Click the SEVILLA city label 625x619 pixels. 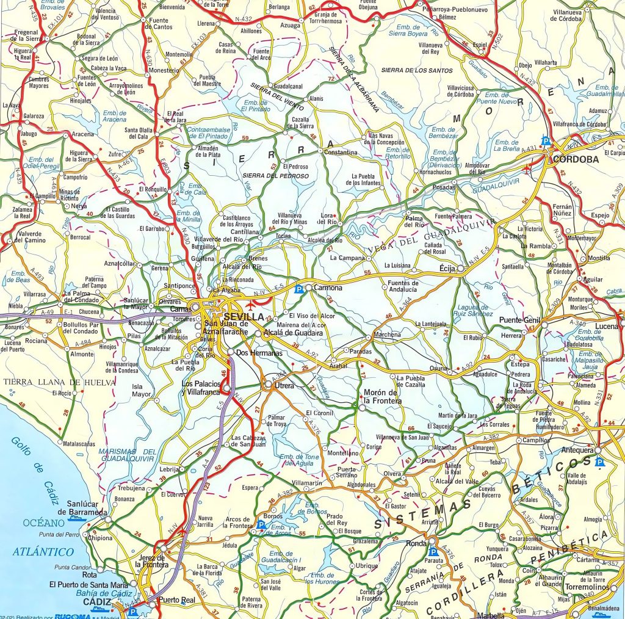coord(244,317)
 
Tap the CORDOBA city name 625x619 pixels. coord(576,159)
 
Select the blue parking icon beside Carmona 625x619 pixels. coord(299,289)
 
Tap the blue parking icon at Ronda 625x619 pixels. coord(432,551)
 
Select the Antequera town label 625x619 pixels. coord(577,451)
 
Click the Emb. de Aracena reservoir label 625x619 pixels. coord(114,117)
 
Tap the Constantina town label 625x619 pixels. coord(341,152)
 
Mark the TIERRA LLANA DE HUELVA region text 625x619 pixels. coord(59,382)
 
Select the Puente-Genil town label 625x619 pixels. coord(521,320)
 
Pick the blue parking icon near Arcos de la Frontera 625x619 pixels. coord(261,524)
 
